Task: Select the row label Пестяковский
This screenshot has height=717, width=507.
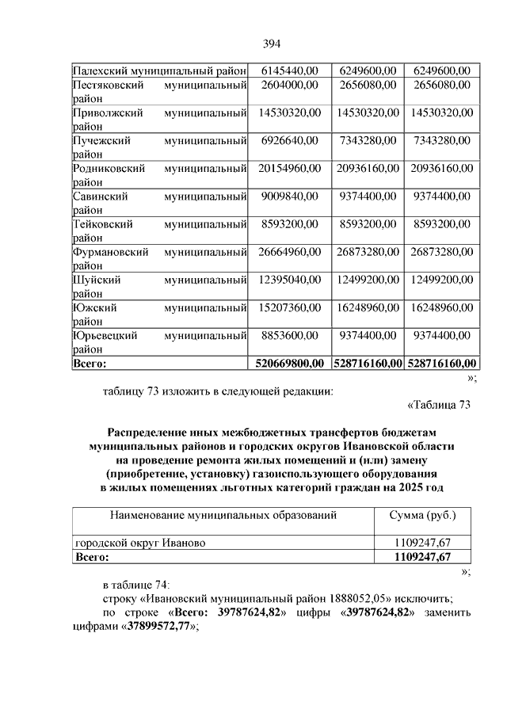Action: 98,85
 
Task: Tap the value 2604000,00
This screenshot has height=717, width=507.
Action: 288,85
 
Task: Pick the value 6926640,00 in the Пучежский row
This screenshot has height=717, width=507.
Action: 288,140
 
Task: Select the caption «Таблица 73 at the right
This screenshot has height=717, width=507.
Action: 439,406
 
